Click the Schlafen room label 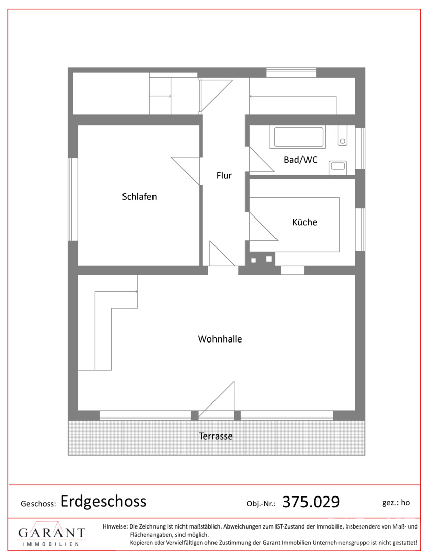[x=139, y=197]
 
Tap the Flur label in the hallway [x=224, y=176]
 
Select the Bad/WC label [x=300, y=160]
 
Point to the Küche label [x=304, y=222]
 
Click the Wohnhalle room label [x=220, y=339]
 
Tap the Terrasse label [x=216, y=436]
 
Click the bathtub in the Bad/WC [x=299, y=137]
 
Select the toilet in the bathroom [x=342, y=135]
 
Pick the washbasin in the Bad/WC [x=338, y=165]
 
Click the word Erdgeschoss [x=103, y=501]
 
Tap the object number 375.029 [x=311, y=502]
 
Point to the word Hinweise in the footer [x=115, y=526]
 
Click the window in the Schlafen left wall [x=73, y=198]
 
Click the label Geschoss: [x=38, y=504]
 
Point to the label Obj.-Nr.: [x=261, y=504]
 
